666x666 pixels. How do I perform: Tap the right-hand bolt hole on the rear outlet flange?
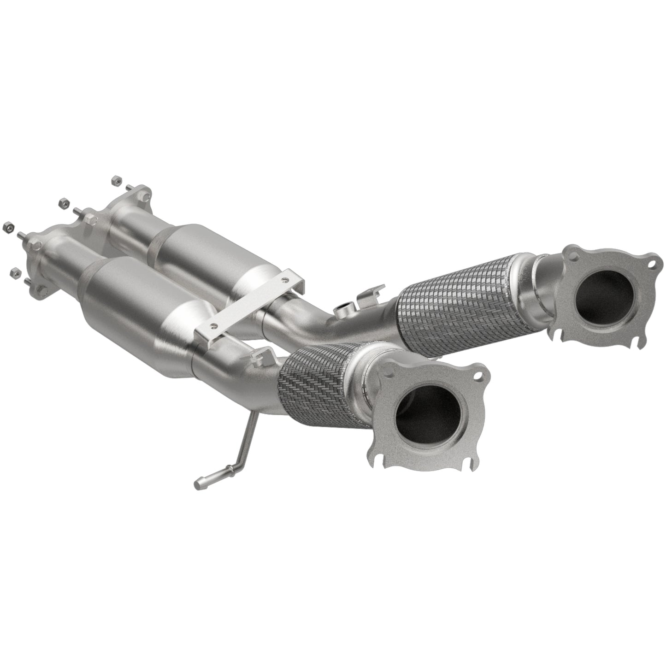point(651,265)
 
